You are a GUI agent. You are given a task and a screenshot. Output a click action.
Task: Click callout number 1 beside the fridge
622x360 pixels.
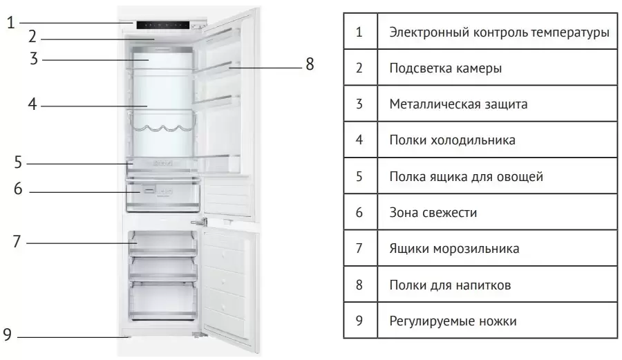[x=10, y=22]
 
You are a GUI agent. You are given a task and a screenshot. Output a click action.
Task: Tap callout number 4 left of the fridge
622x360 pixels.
[x=32, y=105]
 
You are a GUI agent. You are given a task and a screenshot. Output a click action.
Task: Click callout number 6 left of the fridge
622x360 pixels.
[x=19, y=189]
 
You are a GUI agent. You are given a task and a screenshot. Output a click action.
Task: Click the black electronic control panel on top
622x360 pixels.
[x=162, y=26]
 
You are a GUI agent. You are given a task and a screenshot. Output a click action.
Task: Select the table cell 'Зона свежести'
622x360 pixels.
[x=433, y=212]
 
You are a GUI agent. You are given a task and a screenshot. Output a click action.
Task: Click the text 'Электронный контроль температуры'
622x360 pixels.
[x=499, y=32]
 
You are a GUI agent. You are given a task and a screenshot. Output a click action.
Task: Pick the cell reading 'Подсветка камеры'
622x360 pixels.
[x=445, y=68]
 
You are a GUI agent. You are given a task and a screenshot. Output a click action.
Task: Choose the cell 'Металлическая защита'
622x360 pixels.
[x=458, y=104]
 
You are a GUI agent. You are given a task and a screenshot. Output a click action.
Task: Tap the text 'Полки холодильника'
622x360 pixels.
[x=452, y=140]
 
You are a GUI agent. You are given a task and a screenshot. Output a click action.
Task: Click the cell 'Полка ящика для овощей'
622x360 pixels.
[x=466, y=176]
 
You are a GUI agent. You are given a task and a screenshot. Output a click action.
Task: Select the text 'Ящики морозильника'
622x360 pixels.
[x=454, y=248]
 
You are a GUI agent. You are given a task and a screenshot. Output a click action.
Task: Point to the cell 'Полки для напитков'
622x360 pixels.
[x=450, y=284]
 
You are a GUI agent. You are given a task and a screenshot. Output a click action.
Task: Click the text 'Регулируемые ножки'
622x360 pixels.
[x=453, y=321]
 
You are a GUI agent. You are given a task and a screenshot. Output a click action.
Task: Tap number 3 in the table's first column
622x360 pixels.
[x=359, y=104]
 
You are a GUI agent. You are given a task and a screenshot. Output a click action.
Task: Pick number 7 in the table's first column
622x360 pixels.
[x=359, y=248]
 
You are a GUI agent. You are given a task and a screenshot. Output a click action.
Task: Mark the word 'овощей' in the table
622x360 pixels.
[x=520, y=176]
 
